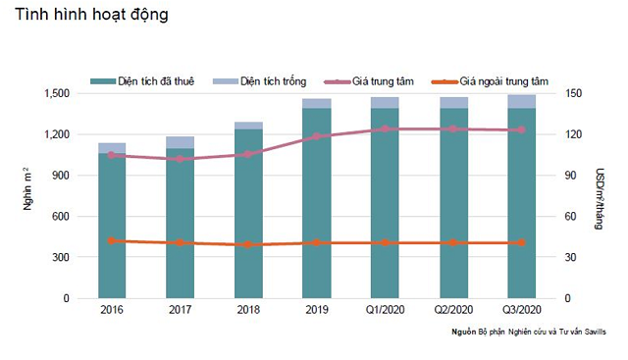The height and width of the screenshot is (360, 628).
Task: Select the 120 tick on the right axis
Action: [574, 134]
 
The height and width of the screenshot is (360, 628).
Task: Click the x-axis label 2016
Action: [112, 310]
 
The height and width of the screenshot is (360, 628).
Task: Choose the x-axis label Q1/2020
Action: [385, 310]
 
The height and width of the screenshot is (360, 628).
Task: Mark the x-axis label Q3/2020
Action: [521, 310]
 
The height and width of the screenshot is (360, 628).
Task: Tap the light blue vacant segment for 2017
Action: [180, 142]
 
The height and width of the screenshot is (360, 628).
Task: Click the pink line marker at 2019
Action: [316, 136]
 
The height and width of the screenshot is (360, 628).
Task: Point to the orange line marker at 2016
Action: [112, 240]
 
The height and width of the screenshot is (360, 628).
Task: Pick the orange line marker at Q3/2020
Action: [521, 242]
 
